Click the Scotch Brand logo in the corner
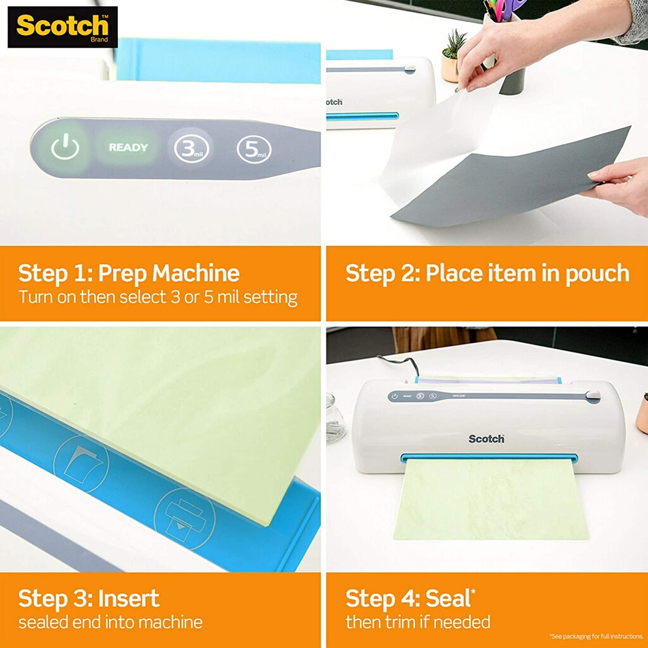click(63, 27)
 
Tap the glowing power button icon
click(65, 148)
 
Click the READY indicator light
click(128, 147)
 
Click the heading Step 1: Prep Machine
click(129, 273)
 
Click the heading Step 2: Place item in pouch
click(487, 273)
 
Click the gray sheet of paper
click(510, 181)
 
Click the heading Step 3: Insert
click(89, 598)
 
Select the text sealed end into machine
click(110, 622)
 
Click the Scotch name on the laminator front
click(486, 439)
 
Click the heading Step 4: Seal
click(410, 598)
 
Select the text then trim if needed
click(418, 622)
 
